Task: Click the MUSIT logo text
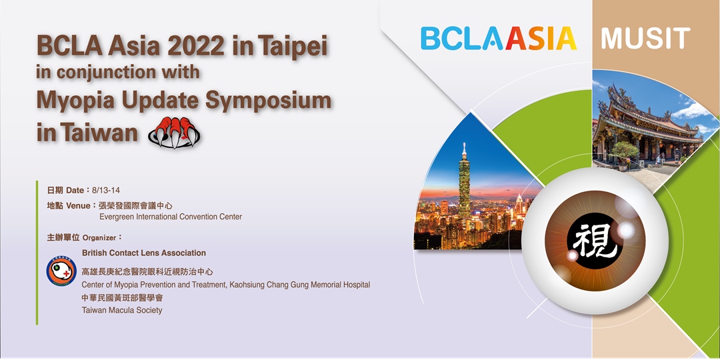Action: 645,39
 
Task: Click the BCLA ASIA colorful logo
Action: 499,39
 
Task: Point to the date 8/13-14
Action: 103,190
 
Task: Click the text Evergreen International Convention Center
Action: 171,217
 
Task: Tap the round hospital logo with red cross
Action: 61,271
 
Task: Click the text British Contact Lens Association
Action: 144,253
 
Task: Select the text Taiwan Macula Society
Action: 122,311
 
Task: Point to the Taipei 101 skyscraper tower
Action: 464,184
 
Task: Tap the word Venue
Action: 78,205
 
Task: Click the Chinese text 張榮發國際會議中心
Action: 135,206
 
